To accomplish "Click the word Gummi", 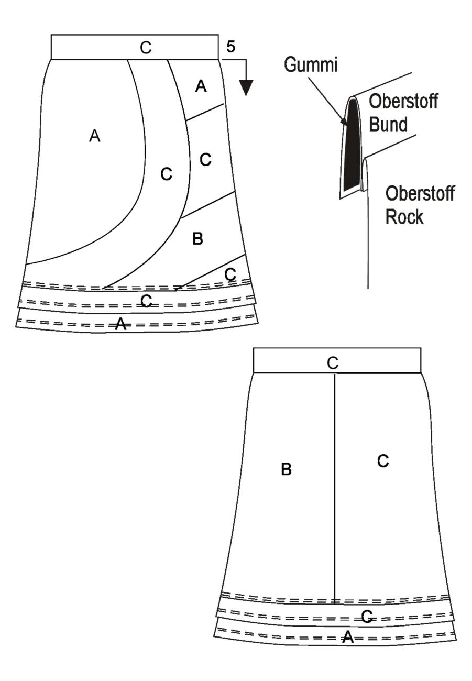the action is click(311, 65).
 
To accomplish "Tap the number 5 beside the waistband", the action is click(231, 47).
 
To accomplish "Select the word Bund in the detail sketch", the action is click(388, 124).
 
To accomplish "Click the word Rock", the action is click(404, 217).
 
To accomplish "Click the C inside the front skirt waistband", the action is click(146, 48).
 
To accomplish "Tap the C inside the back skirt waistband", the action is click(333, 363).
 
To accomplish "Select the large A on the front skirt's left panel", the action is click(95, 136).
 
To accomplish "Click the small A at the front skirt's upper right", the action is click(201, 86).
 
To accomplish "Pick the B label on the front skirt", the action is click(197, 239).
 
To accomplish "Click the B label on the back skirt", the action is click(286, 469).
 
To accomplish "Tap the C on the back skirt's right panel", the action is click(383, 461).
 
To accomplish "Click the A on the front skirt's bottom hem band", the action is click(120, 324).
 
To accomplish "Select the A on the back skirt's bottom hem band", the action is click(348, 636).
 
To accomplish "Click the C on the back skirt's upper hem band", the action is click(367, 617).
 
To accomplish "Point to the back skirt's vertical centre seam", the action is click(335, 489).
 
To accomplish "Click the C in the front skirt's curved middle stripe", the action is click(167, 174).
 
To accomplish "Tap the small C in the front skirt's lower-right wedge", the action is click(230, 274).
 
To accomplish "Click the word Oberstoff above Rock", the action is click(420, 193).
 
